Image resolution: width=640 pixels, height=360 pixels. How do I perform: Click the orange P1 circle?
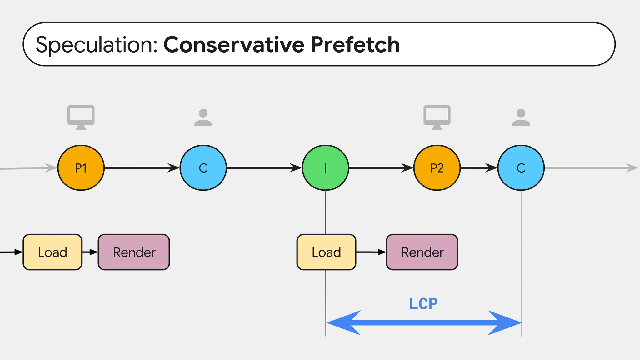coord(81,168)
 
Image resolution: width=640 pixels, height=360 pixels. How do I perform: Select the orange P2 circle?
coord(437,168)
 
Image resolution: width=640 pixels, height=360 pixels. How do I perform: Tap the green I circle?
coord(325,168)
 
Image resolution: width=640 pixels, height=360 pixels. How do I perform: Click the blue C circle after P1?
coord(203,168)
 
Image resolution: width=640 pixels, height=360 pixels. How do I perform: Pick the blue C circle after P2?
coord(521,168)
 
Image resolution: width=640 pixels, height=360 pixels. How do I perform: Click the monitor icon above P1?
coord(81,117)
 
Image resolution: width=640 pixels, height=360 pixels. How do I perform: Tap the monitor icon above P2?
coord(437,117)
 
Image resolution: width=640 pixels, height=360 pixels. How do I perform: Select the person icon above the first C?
coord(203,117)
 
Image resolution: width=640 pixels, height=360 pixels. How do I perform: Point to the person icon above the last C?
coord(521,117)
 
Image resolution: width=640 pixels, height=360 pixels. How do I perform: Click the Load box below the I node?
coord(326,252)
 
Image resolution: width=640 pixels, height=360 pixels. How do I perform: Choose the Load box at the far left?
coord(52,252)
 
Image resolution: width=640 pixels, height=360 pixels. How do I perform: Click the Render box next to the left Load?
coord(134,252)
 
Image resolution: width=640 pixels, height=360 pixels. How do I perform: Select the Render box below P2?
coord(422,252)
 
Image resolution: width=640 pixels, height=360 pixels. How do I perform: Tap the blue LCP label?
coord(423,304)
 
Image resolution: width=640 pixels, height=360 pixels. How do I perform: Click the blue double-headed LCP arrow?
coord(423,323)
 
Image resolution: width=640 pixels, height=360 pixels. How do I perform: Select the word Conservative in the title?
coord(234,45)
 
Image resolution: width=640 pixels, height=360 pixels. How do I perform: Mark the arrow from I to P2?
coord(381,168)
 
